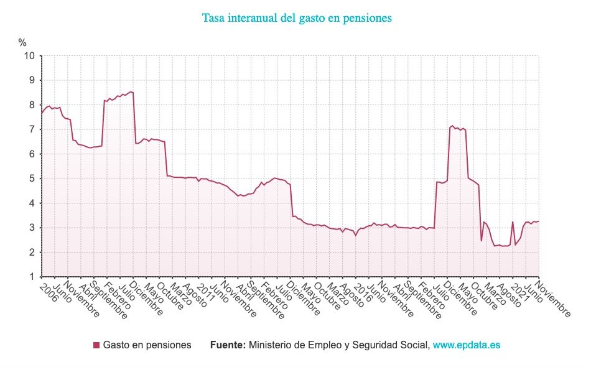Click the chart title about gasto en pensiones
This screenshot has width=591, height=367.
pos(297,18)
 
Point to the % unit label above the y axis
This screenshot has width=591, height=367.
pos(22,43)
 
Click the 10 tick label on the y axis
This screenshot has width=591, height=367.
pos(29,56)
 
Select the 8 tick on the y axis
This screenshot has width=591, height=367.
pos(32,105)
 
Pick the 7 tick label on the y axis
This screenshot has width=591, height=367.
pos(32,129)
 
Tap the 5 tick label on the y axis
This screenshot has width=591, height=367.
pos(32,179)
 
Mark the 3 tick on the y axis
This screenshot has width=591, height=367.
pos(32,228)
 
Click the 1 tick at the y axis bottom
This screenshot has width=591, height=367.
pos(32,277)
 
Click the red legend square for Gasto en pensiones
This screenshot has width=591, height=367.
pos(96,345)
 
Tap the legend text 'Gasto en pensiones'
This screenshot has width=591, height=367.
pos(147,345)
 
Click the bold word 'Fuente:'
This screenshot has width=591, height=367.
pos(228,345)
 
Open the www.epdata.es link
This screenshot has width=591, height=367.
pos(466,345)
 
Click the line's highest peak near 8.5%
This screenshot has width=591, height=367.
pos(131,92)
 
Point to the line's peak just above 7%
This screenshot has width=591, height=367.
pos(452,126)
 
